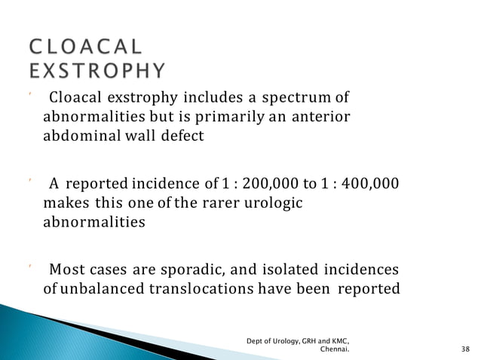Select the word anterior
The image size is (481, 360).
[326, 118]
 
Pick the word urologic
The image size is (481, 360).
[280, 203]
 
